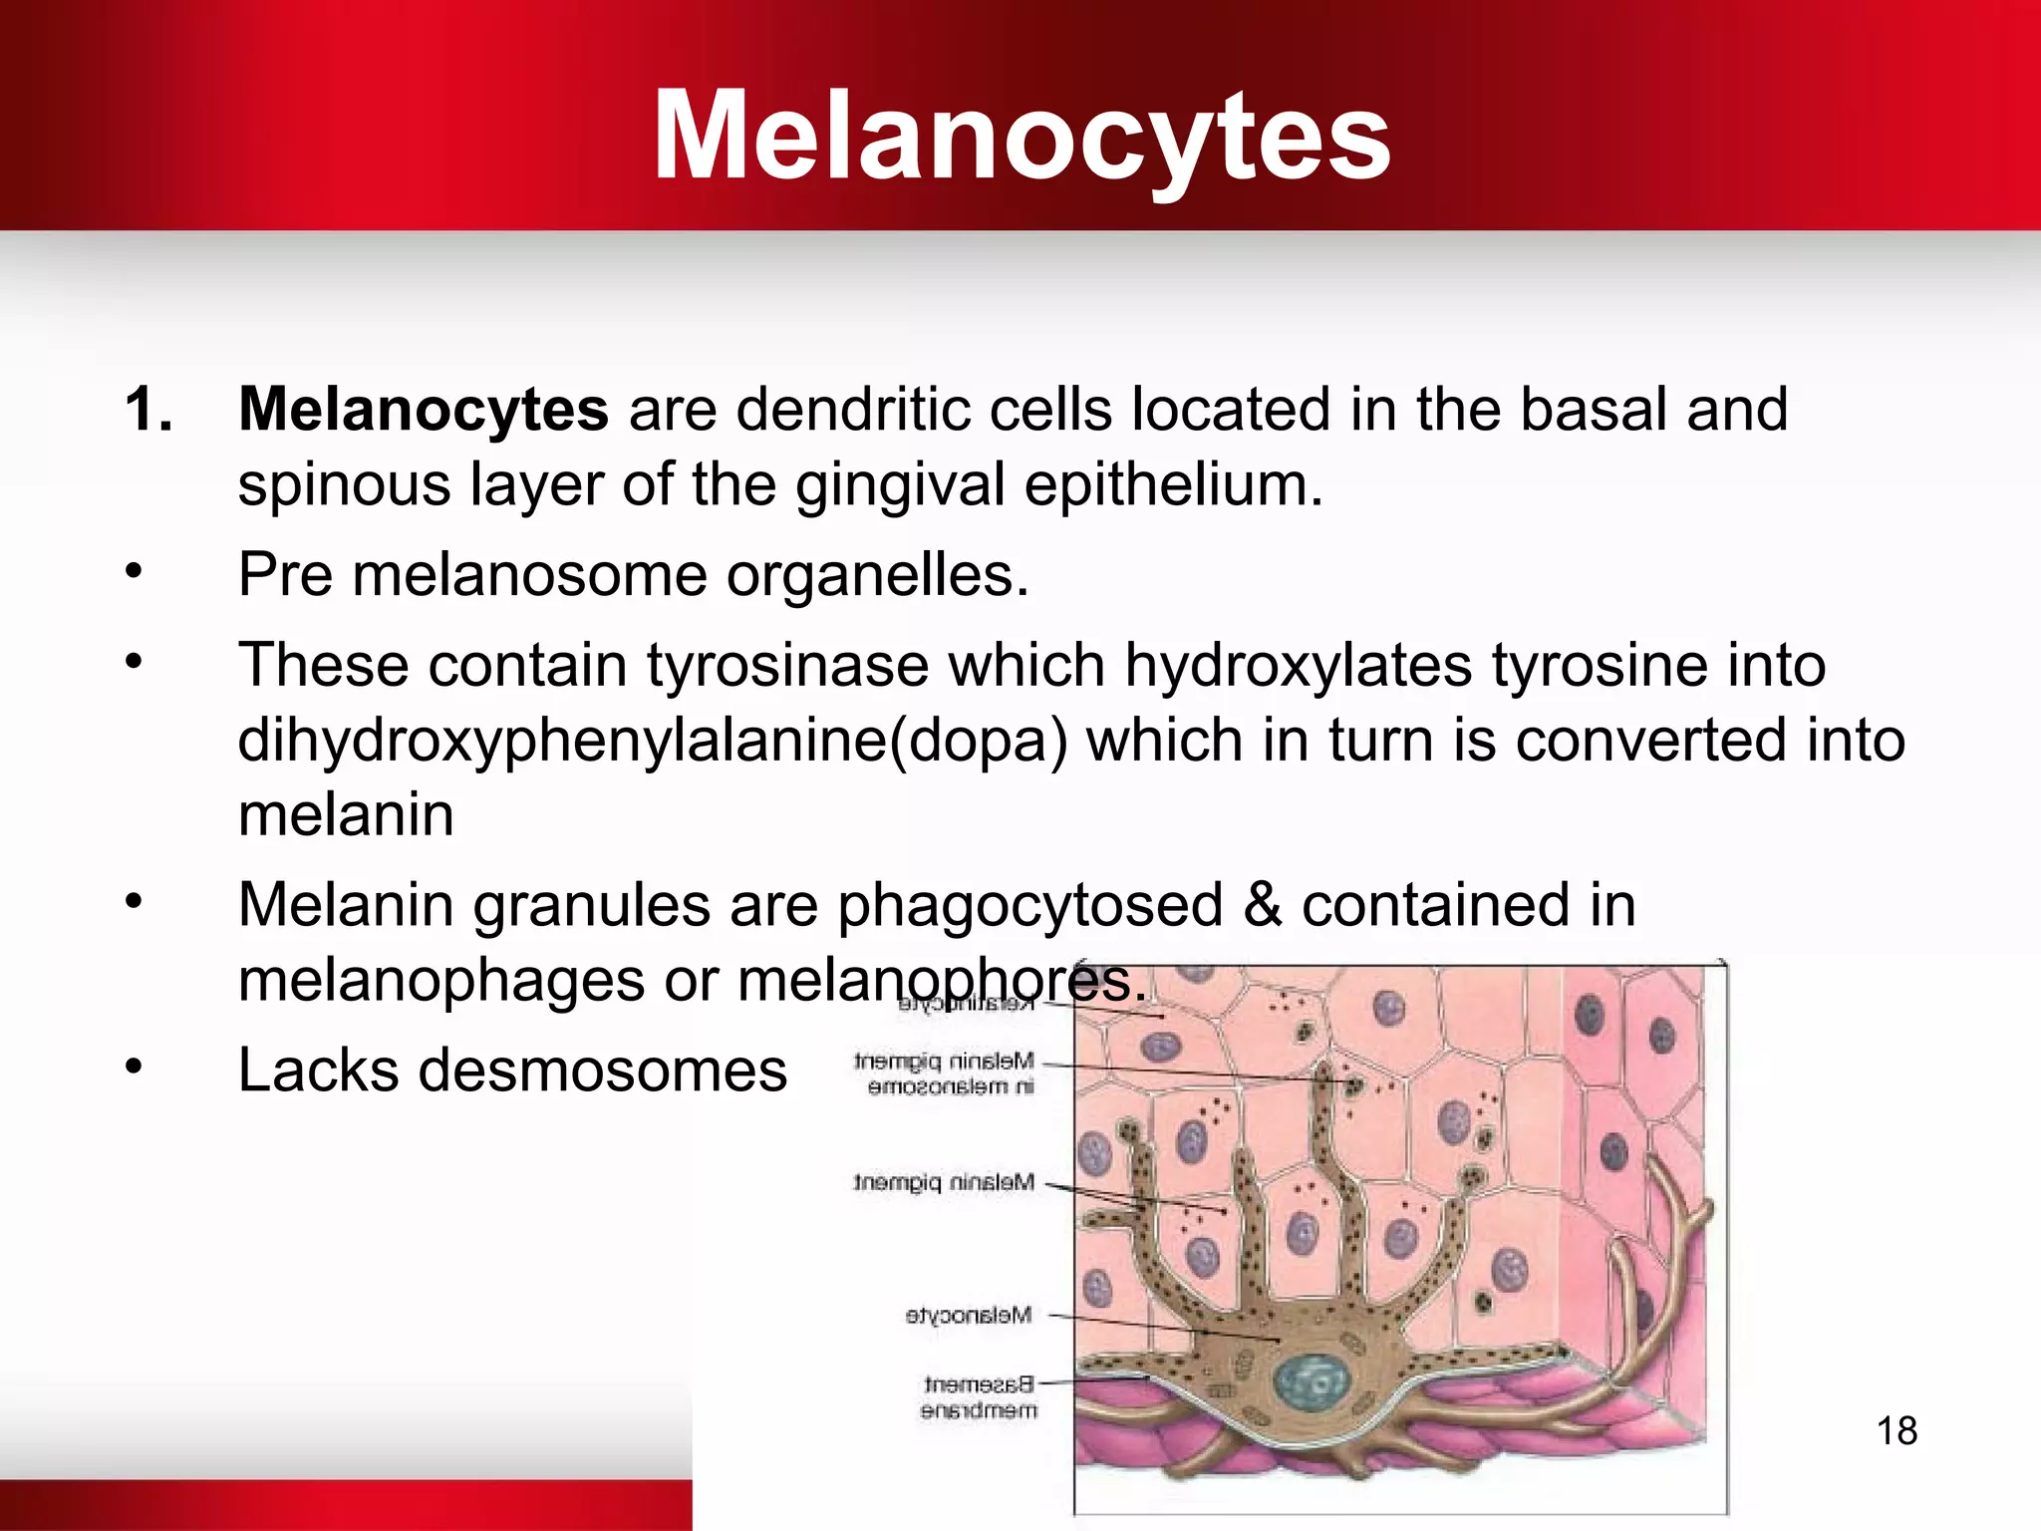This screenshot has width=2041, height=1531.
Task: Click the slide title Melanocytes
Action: pyautogui.click(x=1020, y=137)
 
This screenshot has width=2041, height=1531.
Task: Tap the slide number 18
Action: pyautogui.click(x=1896, y=1431)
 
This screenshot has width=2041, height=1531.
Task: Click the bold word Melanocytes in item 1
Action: pyautogui.click(x=424, y=410)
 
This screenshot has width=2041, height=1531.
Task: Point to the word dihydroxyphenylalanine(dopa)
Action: pyautogui.click(x=652, y=741)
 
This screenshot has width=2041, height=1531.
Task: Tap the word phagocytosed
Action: pyautogui.click(x=1029, y=905)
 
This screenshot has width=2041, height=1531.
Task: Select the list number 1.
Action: pyautogui.click(x=148, y=410)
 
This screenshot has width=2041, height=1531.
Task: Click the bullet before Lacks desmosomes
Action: pyautogui.click(x=135, y=1067)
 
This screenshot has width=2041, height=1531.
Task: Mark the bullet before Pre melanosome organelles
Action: pyautogui.click(x=135, y=572)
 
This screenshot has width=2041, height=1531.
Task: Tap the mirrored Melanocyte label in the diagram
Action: pyautogui.click(x=968, y=1316)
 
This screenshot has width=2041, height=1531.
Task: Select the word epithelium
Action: pyautogui.click(x=1173, y=485)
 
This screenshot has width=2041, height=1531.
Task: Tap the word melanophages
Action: pyautogui.click(x=441, y=981)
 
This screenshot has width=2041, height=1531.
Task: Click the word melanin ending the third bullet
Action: pyautogui.click(x=346, y=815)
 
